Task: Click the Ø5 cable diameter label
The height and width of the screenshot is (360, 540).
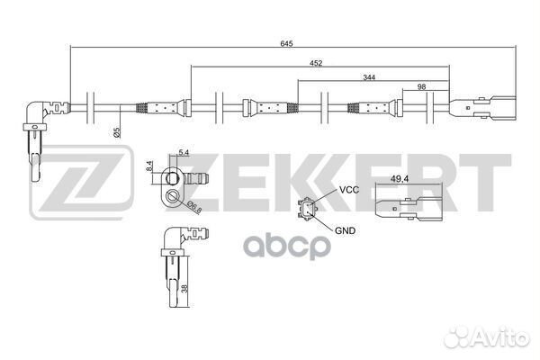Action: pyautogui.click(x=117, y=131)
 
